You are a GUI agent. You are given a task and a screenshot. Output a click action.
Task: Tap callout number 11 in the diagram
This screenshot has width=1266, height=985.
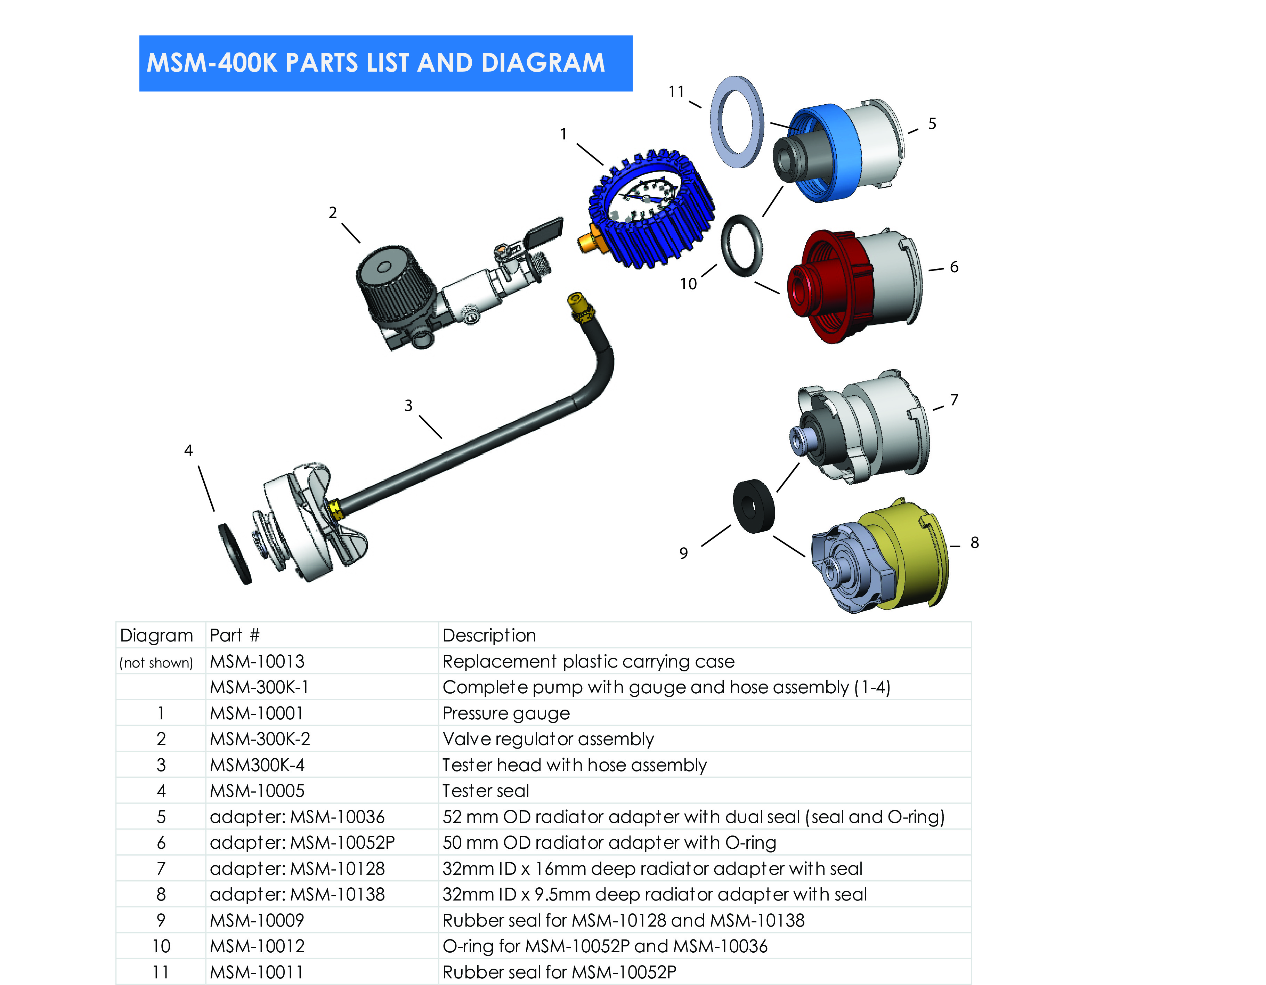pos(676,91)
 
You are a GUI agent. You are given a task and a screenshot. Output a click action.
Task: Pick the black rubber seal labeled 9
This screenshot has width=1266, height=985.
pos(754,505)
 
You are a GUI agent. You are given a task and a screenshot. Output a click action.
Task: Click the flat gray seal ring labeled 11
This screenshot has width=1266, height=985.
pos(737,122)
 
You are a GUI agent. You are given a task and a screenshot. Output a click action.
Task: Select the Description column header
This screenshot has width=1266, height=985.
pos(489,636)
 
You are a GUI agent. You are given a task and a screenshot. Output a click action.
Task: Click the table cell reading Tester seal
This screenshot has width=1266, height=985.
pos(486,791)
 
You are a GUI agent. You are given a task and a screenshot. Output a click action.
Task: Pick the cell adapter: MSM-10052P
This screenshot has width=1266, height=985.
pos(302,842)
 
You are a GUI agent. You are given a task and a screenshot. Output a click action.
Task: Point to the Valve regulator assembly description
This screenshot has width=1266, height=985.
pos(548,739)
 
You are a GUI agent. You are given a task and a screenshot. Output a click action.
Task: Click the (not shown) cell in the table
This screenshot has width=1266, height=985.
pos(156,662)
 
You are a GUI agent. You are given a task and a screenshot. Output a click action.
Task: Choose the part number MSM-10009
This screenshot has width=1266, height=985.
pos(257,920)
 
